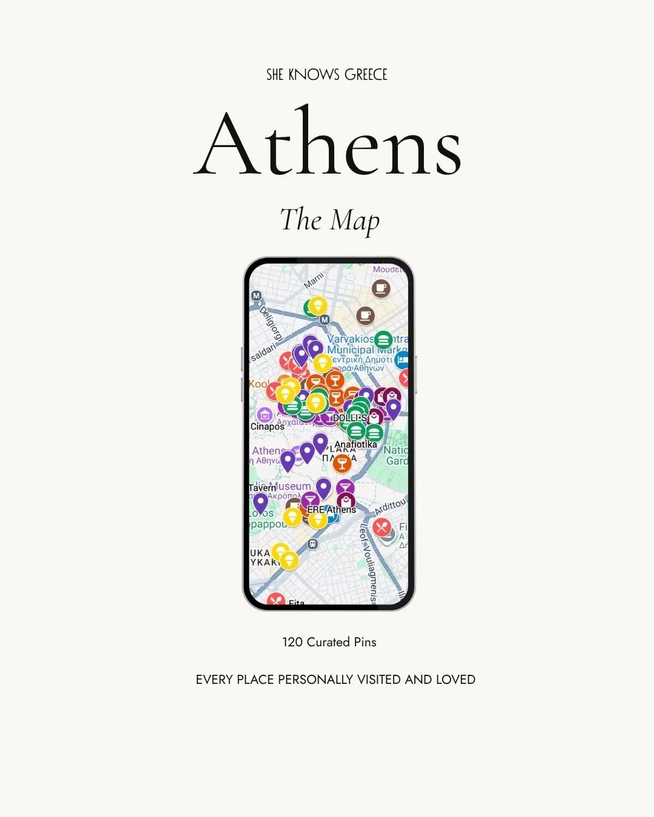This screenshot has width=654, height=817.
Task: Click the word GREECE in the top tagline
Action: click(366, 74)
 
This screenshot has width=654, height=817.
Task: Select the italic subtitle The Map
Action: click(329, 220)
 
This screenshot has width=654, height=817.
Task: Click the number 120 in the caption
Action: click(292, 642)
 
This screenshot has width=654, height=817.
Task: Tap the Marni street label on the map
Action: click(314, 280)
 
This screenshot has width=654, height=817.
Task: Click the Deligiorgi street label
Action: click(271, 323)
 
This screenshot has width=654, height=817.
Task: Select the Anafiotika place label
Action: click(355, 444)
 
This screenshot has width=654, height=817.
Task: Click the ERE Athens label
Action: click(331, 510)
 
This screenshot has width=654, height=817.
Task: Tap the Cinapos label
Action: click(267, 427)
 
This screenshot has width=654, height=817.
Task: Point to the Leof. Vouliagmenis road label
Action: click(368, 563)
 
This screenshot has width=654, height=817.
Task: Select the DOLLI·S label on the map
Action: click(349, 418)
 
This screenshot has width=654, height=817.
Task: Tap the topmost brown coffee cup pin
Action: click(381, 289)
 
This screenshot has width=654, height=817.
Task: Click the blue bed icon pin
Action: click(402, 359)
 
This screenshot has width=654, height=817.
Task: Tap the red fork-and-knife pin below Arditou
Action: click(381, 527)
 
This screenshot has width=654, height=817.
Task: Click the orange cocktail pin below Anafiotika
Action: click(342, 464)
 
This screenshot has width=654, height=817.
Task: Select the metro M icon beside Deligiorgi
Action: click(256, 296)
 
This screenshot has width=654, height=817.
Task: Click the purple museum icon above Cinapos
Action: click(264, 415)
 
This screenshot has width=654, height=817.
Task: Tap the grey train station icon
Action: click(312, 543)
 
